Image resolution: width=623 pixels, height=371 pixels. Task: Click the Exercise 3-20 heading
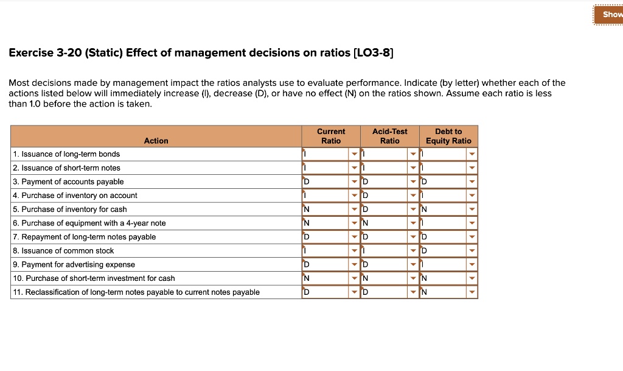pyautogui.click(x=201, y=53)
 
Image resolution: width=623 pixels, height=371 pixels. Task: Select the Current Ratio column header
pyautogui.click(x=331, y=136)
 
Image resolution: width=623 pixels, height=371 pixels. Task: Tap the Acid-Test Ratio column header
pyautogui.click(x=390, y=136)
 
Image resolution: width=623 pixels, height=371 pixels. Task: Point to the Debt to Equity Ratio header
pyautogui.click(x=448, y=136)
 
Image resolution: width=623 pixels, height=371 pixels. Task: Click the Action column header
pyautogui.click(x=156, y=141)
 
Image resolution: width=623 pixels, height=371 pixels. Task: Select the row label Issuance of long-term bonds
pyautogui.click(x=66, y=154)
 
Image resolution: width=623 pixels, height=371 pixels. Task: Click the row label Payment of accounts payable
pyautogui.click(x=68, y=182)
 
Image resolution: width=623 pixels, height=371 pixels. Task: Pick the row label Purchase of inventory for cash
pyautogui.click(x=70, y=210)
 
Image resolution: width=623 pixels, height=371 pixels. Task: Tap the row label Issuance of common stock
pyautogui.click(x=63, y=251)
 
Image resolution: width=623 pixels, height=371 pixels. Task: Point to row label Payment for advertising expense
pyautogui.click(x=74, y=265)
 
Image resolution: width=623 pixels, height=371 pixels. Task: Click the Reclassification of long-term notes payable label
pyautogui.click(x=136, y=292)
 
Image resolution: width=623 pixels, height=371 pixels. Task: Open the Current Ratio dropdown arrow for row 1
pyautogui.click(x=354, y=154)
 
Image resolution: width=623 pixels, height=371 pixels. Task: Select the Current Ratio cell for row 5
pyautogui.click(x=325, y=210)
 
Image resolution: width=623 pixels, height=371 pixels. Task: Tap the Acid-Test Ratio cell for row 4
pyautogui.click(x=385, y=196)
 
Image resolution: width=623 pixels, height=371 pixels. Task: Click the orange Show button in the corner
pyautogui.click(x=610, y=14)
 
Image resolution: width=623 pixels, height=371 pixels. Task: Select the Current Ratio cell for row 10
pyautogui.click(x=325, y=278)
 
